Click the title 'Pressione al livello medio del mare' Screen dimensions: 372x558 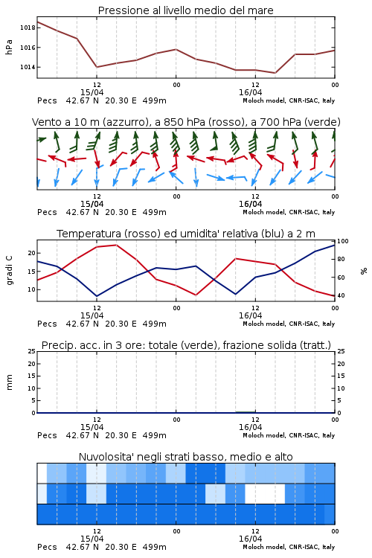tap(185, 10)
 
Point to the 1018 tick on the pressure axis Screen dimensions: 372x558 tap(28, 28)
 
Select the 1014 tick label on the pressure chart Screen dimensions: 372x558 tap(28, 67)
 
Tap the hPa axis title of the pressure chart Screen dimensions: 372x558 tap(9, 47)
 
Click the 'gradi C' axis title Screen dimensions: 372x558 tap(9, 270)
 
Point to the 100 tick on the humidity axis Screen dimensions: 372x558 tap(342, 241)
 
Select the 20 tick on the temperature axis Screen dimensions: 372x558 tap(32, 253)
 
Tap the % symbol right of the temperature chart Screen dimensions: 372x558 tap(364, 271)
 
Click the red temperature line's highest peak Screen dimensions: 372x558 tap(116, 245)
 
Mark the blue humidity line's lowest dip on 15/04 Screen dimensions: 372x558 tap(97, 296)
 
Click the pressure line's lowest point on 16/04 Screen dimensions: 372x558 tap(275, 73)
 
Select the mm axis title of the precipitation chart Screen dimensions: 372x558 tap(9, 382)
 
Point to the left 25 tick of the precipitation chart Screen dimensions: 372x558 tap(32, 351)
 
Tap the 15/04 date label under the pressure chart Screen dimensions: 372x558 tap(92, 92)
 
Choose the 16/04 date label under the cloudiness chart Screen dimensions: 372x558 tap(250, 539)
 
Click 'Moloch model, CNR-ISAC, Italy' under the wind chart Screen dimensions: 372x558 tap(289, 212)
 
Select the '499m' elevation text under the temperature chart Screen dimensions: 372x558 tap(155, 324)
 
